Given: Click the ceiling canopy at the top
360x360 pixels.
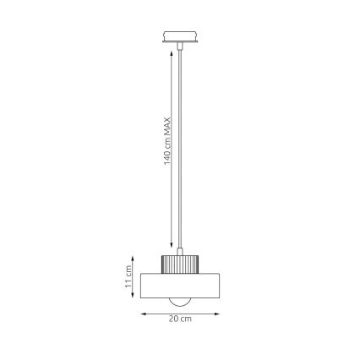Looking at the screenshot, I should click(x=178, y=38).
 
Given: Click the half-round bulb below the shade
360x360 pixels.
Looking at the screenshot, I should click(x=179, y=303).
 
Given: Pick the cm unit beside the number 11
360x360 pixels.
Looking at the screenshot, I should click(x=129, y=273).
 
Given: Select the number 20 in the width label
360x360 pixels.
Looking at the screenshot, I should click(x=173, y=320).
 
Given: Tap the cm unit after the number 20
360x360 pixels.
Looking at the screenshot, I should click(x=185, y=320).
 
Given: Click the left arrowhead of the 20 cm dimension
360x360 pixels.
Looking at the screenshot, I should click(x=142, y=314).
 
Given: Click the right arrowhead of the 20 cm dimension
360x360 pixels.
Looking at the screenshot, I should click(x=217, y=314).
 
